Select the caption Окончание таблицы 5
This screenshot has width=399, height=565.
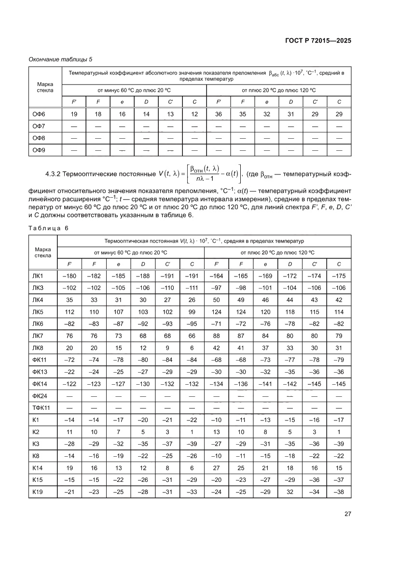click(60, 59)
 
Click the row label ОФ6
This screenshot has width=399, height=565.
click(39, 114)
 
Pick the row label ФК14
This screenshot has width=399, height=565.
click(40, 384)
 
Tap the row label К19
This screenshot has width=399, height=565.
click(38, 492)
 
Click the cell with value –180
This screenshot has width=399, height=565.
click(70, 275)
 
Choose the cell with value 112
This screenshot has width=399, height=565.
click(70, 312)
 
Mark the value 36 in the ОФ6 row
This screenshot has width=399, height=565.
click(219, 114)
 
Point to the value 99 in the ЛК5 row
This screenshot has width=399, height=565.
click(192, 312)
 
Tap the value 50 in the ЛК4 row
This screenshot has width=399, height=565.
click(217, 300)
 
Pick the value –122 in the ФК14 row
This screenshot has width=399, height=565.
click(70, 384)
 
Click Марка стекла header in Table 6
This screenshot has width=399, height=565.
click(43, 252)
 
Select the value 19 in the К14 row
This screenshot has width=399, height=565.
click(70, 468)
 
